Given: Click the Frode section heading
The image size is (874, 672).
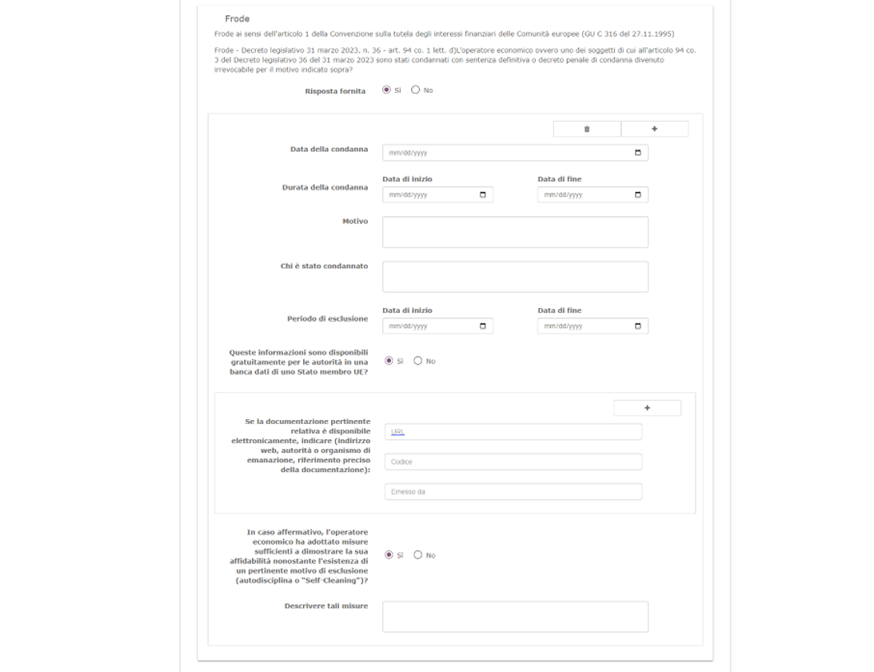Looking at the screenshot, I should [237, 18].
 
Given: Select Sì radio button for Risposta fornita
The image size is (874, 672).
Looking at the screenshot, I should [387, 90].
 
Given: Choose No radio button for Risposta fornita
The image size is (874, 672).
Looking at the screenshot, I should [415, 90].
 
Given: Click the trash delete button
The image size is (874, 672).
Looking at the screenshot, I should [586, 129].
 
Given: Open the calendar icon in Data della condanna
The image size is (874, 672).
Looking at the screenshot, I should [637, 153].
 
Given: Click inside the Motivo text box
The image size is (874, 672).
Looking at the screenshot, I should [515, 232].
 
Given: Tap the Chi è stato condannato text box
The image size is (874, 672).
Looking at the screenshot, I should [515, 276].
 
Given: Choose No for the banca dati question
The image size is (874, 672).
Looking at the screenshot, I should [417, 361].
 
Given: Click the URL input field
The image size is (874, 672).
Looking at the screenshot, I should [513, 432].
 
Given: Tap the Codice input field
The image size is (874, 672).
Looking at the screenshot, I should [513, 462].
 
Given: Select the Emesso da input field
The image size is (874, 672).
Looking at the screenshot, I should [513, 491].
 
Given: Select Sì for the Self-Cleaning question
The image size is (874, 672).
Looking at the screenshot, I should [389, 555].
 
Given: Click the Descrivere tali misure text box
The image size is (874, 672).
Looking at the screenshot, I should [515, 617].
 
